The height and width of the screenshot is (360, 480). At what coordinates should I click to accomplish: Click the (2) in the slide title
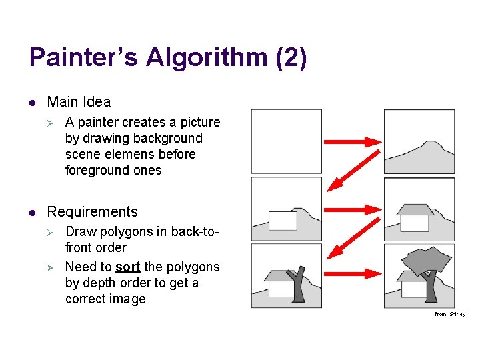point(291,57)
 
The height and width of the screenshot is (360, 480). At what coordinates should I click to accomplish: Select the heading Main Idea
point(79,102)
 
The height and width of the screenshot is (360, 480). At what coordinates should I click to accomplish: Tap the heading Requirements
point(92,212)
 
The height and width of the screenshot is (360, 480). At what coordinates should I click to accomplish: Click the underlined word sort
point(127,267)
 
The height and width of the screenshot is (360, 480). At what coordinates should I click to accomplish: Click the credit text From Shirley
point(450,314)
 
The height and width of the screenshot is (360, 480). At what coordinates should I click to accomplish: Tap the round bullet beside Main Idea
point(31,103)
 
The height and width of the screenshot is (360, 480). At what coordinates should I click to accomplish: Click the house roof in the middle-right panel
point(415,209)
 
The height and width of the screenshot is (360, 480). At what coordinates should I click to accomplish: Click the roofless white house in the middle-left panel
point(283,221)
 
